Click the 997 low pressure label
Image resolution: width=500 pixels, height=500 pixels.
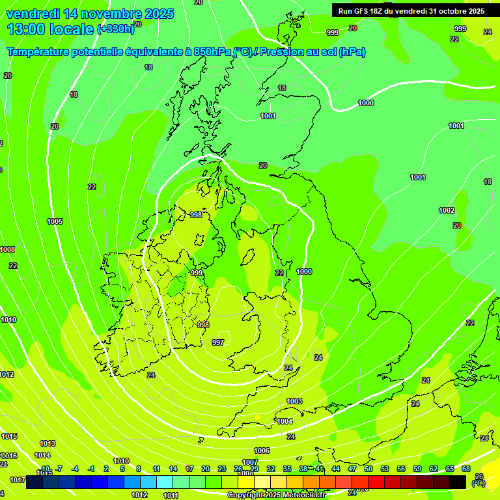pos(218,342)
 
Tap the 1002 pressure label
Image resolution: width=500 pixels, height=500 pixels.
pos(447,210)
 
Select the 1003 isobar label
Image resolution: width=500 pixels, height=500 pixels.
pos(294,401)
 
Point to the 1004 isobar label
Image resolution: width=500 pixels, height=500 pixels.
pos(285,422)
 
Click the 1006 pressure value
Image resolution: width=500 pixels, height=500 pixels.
pos(262,451)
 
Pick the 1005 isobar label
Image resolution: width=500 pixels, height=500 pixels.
pos(55,221)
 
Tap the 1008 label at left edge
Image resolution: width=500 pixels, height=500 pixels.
pos(7,249)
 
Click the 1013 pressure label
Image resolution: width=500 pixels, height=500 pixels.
pos(48,443)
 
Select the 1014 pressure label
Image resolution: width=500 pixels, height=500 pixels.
pos(42,455)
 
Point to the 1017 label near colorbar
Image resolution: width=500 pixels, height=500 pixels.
pos(18,480)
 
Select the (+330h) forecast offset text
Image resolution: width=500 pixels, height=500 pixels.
pos(115,29)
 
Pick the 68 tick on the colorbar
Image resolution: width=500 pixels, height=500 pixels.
pos(466,469)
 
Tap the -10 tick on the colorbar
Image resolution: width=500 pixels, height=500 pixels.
pos(45,469)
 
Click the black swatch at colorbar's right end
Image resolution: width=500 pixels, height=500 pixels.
pos(458,482)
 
